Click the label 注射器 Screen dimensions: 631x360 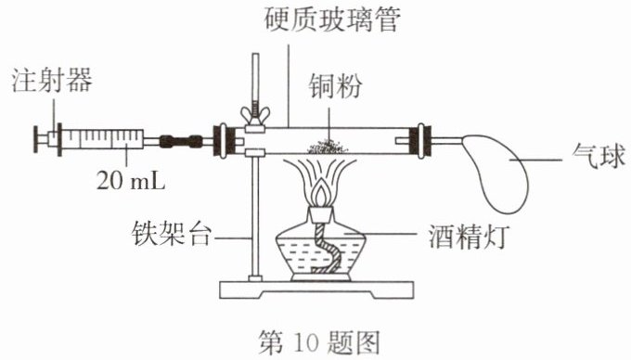click(52, 80)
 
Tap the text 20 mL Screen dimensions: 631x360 click(131, 181)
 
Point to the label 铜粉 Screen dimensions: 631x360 click(335, 85)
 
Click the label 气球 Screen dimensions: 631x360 click(599, 156)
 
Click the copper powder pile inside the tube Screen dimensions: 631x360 click(328, 148)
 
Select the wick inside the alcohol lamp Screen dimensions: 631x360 click(326, 250)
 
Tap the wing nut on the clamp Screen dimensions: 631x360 click(255, 115)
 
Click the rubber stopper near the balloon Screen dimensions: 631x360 click(420, 140)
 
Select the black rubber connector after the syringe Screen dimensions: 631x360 click(181, 141)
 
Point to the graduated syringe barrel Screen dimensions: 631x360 click(103, 139)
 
